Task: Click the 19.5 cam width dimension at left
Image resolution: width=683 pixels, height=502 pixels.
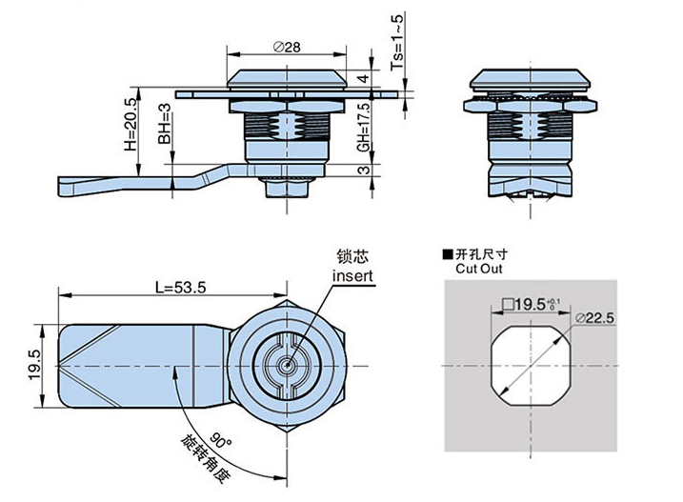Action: pyautogui.click(x=33, y=365)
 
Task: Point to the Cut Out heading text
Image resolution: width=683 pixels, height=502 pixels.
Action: pyautogui.click(x=477, y=270)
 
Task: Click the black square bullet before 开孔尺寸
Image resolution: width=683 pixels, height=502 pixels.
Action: pyautogui.click(x=447, y=254)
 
